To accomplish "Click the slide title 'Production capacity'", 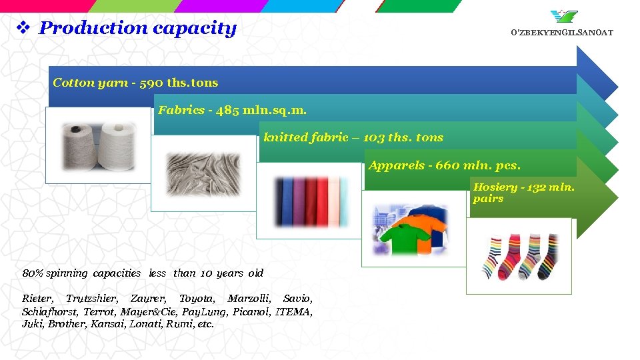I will (137, 28).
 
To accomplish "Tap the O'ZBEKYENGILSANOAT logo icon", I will (565, 16).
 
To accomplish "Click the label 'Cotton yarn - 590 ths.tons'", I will (135, 83).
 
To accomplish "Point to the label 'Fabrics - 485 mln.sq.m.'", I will (232, 110).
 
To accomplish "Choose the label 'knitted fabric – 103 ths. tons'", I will (353, 137).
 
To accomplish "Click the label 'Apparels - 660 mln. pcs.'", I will (444, 165).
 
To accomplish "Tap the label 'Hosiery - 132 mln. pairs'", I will (523, 193).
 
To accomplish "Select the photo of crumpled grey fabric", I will (203, 172).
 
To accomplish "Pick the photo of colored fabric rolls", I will (309, 201).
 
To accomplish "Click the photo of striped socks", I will (519, 255).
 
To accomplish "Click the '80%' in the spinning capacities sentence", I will (31, 273).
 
